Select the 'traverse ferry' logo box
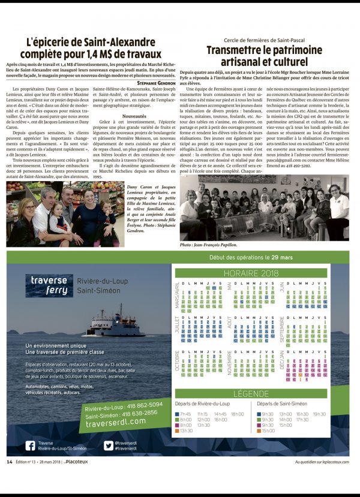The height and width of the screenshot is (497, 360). [49, 286]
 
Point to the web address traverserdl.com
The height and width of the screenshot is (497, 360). [121, 421]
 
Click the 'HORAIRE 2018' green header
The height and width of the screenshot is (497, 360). [249, 273]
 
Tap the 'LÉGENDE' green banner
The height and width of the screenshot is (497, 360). [251, 394]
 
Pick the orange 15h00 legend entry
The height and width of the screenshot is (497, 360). [268, 430]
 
